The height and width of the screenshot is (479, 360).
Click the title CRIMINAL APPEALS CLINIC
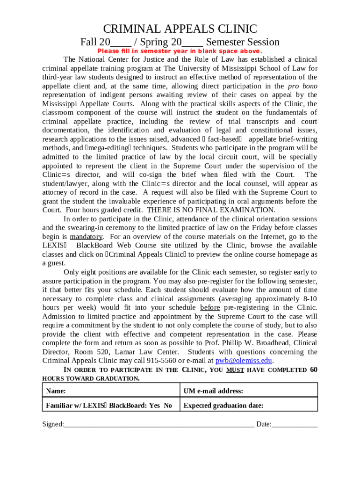click(x=180, y=29)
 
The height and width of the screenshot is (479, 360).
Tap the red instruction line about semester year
click(x=180, y=51)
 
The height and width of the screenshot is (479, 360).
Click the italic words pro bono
click(x=302, y=86)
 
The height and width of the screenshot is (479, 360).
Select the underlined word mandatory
click(x=86, y=237)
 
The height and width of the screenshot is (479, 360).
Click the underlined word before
click(x=210, y=307)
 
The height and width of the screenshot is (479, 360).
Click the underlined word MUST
click(x=235, y=370)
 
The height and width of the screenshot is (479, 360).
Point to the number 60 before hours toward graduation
click(x=313, y=370)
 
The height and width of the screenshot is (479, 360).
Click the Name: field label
click(x=56, y=391)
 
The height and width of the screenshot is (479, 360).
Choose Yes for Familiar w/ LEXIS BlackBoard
click(x=154, y=406)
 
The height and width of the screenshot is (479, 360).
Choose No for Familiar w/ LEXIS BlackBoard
click(x=168, y=406)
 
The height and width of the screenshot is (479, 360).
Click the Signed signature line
click(x=159, y=424)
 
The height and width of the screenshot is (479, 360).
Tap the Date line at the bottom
click(x=295, y=424)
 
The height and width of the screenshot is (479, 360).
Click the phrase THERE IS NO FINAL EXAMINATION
click(x=211, y=210)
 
